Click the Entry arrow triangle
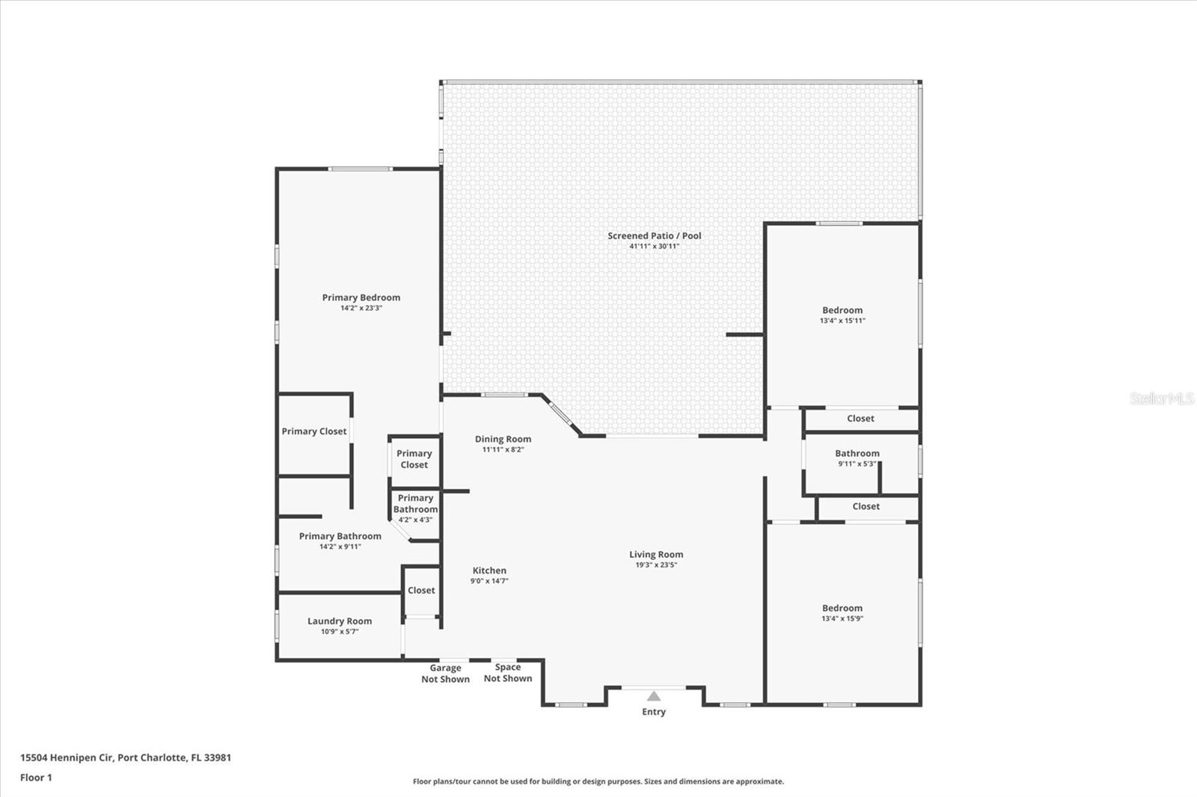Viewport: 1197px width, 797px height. [x=654, y=696]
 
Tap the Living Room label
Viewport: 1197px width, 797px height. [x=656, y=555]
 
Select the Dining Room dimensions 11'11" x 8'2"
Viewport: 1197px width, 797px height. [x=503, y=450]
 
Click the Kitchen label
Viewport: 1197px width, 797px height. [x=489, y=570]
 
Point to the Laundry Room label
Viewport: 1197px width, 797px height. [x=340, y=621]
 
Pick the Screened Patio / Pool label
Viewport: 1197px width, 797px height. [x=655, y=236]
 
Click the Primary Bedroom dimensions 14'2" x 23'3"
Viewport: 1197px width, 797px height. [x=361, y=308]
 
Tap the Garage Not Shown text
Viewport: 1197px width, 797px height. [x=445, y=674]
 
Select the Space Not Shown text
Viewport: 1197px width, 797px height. [x=508, y=673]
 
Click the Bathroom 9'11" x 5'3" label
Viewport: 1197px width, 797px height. [x=857, y=454]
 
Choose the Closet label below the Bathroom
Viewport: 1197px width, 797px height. [x=866, y=507]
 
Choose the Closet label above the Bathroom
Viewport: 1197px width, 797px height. [x=860, y=419]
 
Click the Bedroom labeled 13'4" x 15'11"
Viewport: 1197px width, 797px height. [x=842, y=310]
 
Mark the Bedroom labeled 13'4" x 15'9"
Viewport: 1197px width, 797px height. [x=842, y=609]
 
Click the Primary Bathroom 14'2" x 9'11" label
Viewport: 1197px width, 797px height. [x=340, y=537]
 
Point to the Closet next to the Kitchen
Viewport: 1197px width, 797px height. [x=421, y=591]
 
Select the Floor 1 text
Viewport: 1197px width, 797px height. [x=36, y=778]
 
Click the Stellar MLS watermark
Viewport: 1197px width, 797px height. [x=1162, y=398]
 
